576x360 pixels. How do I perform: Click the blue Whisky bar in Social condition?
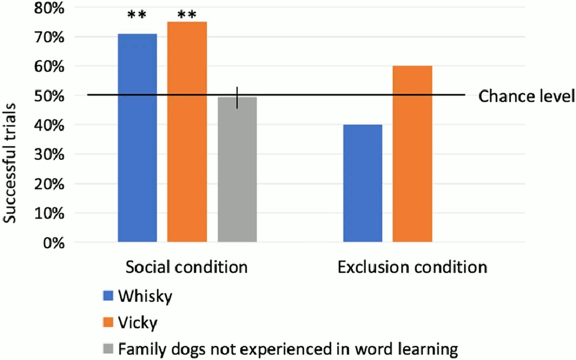(137, 138)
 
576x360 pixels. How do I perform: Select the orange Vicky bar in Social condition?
(187, 132)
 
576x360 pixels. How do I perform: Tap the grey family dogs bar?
(237, 170)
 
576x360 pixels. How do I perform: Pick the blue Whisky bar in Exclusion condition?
(362, 183)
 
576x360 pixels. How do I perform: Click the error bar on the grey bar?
(237, 97)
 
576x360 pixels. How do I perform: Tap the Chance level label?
(527, 96)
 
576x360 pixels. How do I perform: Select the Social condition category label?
(187, 267)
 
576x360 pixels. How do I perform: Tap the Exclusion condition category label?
(412, 267)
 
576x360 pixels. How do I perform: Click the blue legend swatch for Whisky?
(108, 296)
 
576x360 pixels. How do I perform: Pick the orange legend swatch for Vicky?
(108, 323)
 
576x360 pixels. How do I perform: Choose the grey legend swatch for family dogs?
(108, 349)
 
